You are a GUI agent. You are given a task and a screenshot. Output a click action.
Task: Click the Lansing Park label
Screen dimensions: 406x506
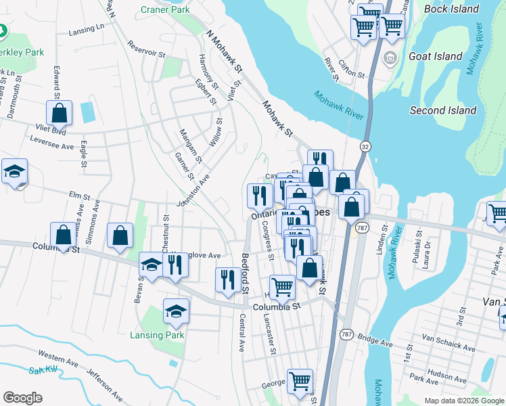click(156, 335)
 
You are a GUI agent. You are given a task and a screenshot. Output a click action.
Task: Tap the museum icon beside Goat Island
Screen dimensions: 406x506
click(390, 58)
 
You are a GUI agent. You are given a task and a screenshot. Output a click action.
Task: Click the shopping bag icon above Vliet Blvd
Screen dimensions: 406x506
click(60, 114)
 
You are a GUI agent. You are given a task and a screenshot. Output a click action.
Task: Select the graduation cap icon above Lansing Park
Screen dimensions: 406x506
click(176, 311)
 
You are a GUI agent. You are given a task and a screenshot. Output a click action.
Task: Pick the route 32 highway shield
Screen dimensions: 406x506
click(365, 146)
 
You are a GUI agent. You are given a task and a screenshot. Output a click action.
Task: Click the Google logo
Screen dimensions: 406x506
click(22, 398)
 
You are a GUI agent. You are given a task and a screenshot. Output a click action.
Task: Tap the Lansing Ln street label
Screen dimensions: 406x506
click(88, 30)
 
